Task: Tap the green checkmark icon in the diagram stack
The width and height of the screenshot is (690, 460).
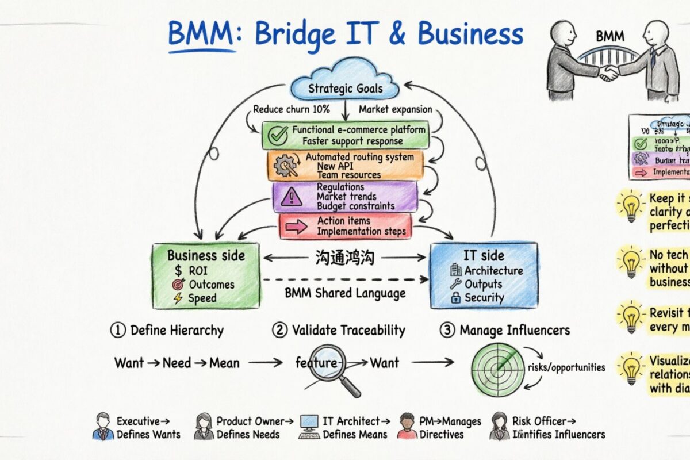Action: (278, 135)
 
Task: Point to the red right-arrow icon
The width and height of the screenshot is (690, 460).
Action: (297, 227)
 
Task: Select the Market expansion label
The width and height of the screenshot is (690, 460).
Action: (395, 109)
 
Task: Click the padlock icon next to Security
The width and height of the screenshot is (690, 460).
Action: (455, 298)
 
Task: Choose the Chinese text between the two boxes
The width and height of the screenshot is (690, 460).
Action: (345, 257)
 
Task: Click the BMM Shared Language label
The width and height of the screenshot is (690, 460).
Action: (345, 293)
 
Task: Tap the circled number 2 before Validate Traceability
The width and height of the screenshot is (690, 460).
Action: (279, 331)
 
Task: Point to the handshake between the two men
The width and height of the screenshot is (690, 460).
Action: (608, 72)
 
